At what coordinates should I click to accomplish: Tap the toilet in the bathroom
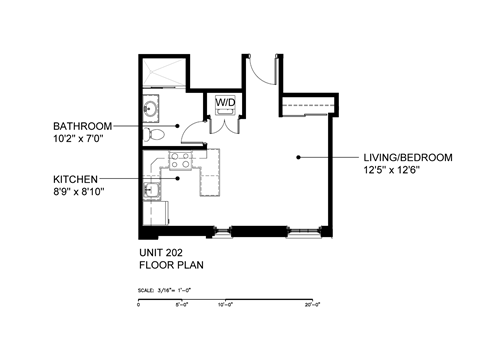tap(152, 134)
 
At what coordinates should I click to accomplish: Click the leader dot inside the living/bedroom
tap(297, 157)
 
